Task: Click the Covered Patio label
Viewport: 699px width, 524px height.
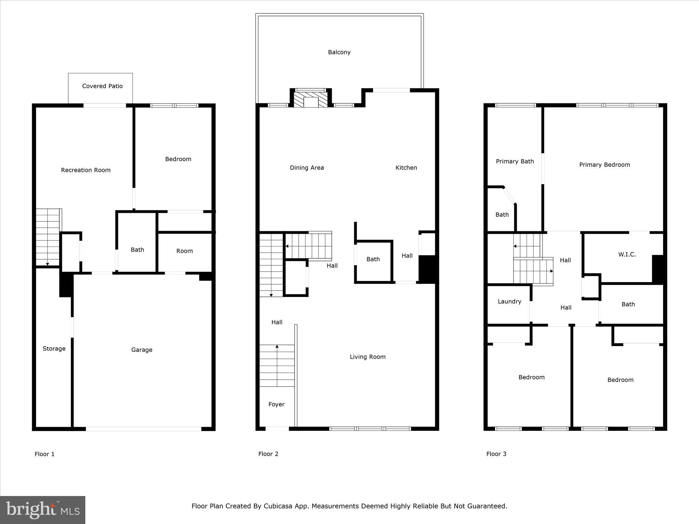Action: [102, 86]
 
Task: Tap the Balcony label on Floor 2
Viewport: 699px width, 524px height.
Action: [339, 52]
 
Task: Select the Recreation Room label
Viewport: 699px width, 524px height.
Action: [86, 170]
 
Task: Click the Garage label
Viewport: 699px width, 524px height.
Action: [142, 350]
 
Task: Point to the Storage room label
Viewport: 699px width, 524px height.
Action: [54, 348]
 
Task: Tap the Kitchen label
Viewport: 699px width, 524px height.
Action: [406, 168]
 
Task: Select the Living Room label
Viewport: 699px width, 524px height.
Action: [367, 357]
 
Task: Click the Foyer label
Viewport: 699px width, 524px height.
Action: [276, 404]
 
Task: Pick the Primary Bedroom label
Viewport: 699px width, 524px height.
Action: [604, 165]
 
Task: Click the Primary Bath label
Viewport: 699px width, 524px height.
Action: [514, 161]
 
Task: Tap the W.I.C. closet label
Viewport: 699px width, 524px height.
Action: [627, 254]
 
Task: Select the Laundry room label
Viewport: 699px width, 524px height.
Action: [509, 301]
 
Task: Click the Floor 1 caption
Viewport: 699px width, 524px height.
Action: [44, 454]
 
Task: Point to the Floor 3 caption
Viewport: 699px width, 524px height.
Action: [496, 454]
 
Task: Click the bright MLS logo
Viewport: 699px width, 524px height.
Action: [43, 510]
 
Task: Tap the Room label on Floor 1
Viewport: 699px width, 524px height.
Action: [184, 251]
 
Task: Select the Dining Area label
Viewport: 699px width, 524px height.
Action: [306, 168]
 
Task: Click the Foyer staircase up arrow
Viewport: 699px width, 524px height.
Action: [277, 347]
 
